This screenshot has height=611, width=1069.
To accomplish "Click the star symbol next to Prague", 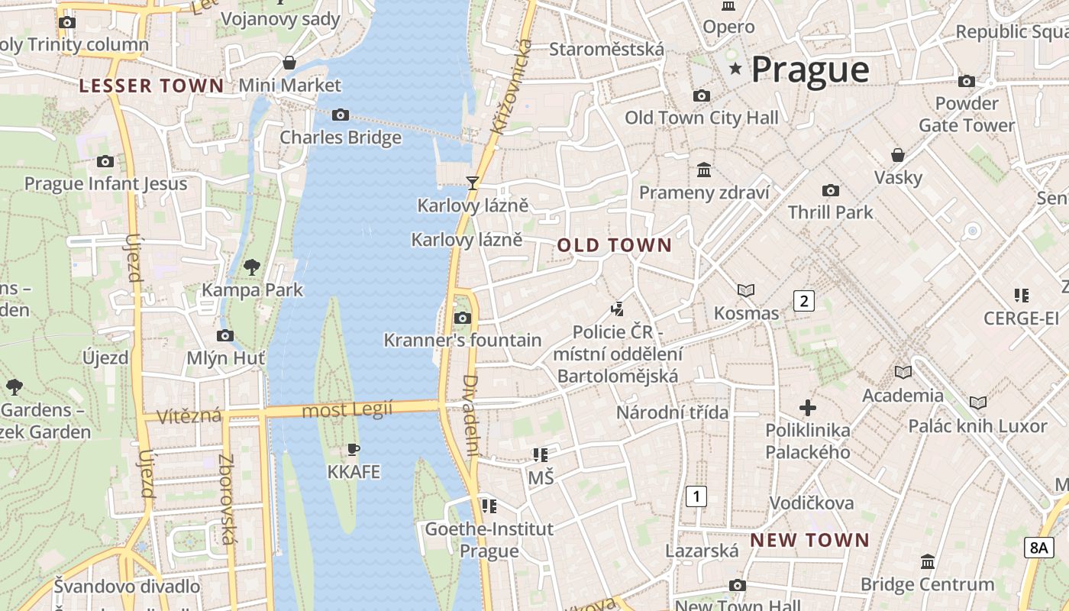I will coord(735,69).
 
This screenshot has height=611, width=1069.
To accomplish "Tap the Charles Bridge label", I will coord(341,137).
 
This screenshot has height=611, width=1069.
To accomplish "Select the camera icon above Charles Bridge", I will coord(341,115).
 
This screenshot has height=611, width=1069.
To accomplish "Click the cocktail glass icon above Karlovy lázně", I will coord(473,183).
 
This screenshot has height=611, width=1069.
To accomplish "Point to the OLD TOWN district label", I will coord(614,245).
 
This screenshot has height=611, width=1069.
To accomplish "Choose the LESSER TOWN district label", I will coord(151,86).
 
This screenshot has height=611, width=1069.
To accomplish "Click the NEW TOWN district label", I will coord(809,540).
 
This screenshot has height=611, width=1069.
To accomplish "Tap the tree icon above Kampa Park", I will coord(252,267).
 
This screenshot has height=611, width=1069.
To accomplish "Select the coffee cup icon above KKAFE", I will coord(353,449).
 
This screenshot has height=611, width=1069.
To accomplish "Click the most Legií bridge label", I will coord(347,410).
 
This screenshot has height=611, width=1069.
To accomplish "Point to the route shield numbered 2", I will coord(803,300).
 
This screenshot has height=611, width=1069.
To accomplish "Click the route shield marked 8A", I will coord(1038,547).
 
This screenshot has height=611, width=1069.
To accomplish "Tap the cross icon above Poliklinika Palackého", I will coord(808,408).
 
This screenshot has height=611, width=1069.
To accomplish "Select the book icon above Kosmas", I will coord(746,290).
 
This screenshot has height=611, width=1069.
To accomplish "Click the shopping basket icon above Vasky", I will coord(898,155).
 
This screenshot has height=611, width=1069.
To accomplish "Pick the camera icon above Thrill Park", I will coord(830,190).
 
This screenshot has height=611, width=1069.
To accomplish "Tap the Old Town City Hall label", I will coord(702,118).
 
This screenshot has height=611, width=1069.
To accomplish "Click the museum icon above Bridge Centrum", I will coord(928,562).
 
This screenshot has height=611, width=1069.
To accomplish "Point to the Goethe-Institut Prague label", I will coord(489,539).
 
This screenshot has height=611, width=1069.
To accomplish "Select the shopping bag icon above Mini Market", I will coord(289,63).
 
